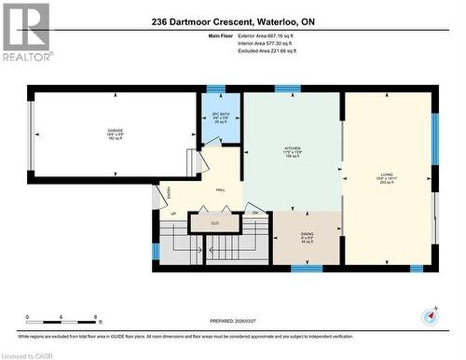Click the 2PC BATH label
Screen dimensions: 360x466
click(x=220, y=118)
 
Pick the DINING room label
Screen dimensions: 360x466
click(x=306, y=237)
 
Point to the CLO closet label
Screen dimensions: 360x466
click(x=214, y=224)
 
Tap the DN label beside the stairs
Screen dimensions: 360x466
click(x=254, y=214)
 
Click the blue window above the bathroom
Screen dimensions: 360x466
click(x=215, y=90)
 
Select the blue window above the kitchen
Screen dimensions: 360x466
click(x=287, y=90)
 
